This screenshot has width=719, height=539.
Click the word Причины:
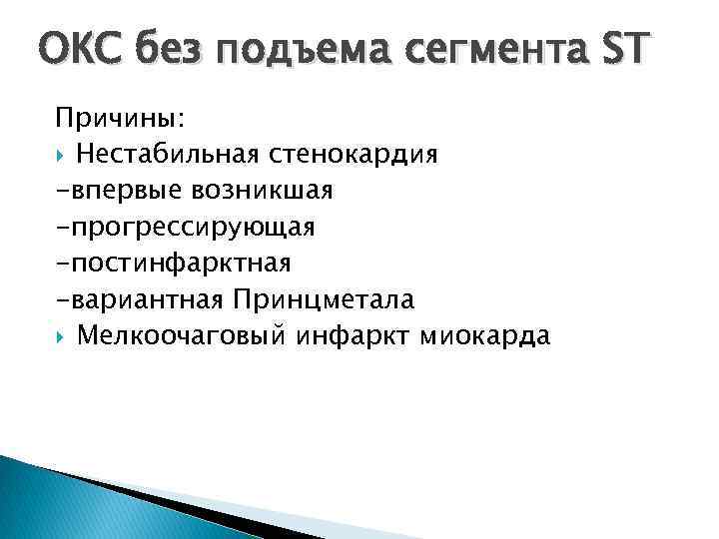tap(120, 119)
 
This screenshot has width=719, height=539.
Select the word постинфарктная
tap(180, 264)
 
